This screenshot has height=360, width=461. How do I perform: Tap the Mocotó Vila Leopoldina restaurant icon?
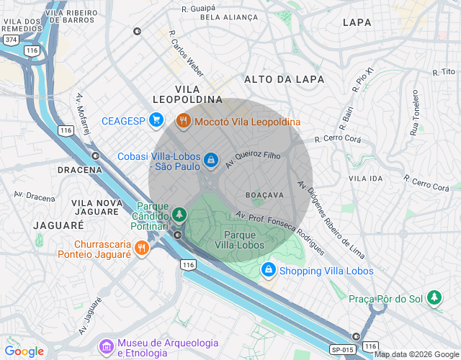click(183, 121)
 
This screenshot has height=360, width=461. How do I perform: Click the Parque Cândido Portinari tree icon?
click(179, 214)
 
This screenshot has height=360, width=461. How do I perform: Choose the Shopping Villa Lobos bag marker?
click(268, 270)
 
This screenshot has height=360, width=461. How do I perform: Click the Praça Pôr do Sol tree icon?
click(434, 297)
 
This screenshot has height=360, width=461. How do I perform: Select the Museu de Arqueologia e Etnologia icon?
click(107, 347)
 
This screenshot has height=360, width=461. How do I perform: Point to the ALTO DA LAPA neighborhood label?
click(284, 79)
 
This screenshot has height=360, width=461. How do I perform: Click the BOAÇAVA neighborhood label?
click(264, 195)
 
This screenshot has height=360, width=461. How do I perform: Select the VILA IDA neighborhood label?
click(365, 178)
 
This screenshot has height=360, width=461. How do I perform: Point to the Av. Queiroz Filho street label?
click(252, 154)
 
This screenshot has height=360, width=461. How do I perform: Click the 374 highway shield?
click(10, 40)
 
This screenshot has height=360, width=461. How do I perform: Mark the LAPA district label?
click(357, 22)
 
